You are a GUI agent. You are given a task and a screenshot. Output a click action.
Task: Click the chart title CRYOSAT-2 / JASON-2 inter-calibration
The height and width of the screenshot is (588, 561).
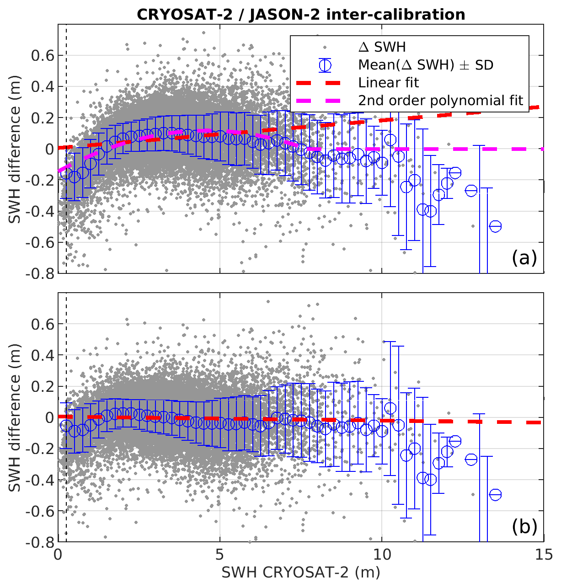pos(301,15)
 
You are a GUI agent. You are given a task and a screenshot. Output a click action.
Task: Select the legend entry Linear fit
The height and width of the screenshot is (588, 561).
pos(389,83)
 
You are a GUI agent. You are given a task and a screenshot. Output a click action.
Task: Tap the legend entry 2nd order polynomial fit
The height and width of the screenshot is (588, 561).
pos(440,101)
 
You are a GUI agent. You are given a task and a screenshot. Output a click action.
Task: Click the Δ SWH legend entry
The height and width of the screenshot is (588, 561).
pos(382,47)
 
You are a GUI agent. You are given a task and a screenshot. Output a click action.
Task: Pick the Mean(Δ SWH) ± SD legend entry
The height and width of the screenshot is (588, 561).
pos(425,65)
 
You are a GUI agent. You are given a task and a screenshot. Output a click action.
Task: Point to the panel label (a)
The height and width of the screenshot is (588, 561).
pos(524,258)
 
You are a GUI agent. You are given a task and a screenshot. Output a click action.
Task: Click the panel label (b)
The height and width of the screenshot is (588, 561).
pos(524,527)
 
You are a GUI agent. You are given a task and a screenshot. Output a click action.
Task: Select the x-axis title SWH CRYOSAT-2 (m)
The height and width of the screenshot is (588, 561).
pos(300,572)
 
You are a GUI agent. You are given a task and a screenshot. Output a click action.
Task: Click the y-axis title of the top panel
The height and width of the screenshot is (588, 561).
pos(16,165)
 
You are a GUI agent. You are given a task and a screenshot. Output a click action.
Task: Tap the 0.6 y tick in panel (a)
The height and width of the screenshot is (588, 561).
pos(42,56)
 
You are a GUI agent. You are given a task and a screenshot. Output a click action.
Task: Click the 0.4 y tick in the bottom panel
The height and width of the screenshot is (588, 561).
pos(42,355)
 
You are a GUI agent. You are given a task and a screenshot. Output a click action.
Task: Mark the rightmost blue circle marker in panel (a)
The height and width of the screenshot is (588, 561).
pos(495,226)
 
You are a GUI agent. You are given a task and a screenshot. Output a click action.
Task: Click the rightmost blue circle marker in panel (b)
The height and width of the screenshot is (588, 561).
pos(495,495)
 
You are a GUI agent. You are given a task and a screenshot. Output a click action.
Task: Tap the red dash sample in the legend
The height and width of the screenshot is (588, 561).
pos(325,83)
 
